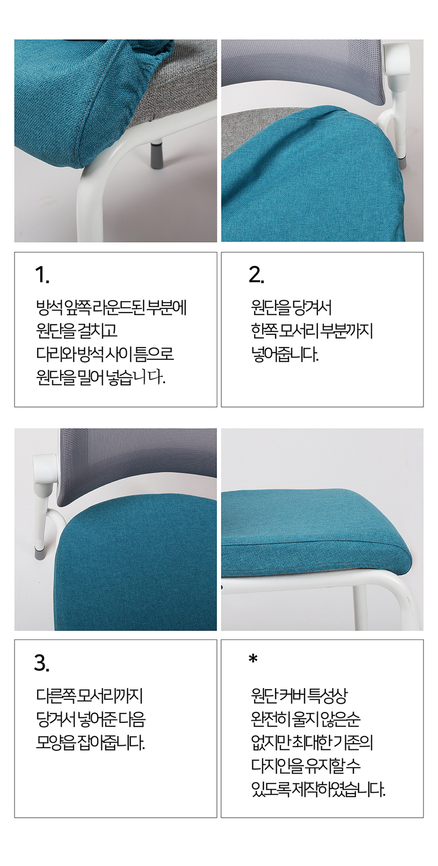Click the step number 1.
(42, 275)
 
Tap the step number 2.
(256, 275)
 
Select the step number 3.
(42, 663)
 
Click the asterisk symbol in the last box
(253, 660)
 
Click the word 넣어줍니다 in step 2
(285, 354)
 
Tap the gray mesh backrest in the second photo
(306, 71)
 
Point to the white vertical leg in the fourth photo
(360, 607)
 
